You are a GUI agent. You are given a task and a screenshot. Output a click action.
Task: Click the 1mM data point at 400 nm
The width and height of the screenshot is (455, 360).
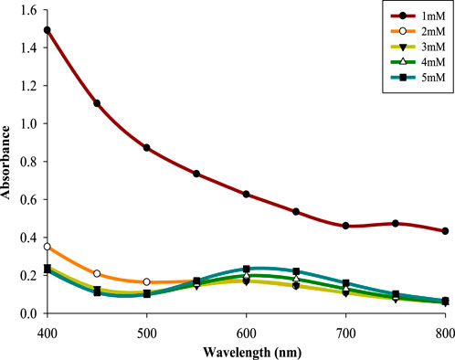click(47, 30)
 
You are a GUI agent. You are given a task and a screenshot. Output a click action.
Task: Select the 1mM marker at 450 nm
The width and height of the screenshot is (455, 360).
click(97, 103)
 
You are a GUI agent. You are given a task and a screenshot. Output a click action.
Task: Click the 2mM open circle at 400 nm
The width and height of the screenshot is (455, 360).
click(47, 247)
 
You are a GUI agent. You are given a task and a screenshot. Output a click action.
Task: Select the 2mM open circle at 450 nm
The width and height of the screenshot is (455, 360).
click(97, 274)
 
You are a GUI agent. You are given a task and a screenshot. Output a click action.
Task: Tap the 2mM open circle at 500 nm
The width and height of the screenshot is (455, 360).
click(146, 282)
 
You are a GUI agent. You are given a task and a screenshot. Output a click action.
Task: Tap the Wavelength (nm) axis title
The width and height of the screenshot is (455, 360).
click(246, 350)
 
